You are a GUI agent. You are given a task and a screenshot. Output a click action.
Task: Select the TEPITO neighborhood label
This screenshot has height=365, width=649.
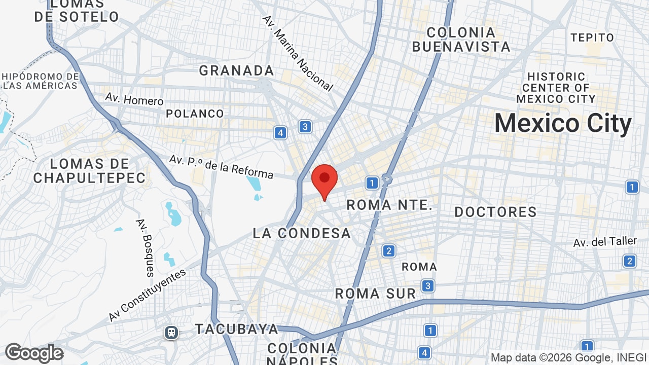(592, 38)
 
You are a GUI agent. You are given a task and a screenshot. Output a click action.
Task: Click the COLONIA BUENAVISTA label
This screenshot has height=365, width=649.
(461, 40)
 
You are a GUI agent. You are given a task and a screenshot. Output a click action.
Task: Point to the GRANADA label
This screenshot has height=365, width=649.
(236, 70)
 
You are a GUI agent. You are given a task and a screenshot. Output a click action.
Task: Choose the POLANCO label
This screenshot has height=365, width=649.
(195, 114)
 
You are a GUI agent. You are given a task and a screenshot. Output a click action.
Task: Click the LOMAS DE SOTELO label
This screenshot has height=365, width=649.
(77, 11)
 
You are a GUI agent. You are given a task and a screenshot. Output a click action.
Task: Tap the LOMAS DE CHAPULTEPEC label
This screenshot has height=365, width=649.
(90, 171)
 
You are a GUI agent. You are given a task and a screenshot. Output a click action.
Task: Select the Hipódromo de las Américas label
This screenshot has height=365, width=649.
(40, 81)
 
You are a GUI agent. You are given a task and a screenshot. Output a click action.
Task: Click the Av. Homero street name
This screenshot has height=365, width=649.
(134, 98)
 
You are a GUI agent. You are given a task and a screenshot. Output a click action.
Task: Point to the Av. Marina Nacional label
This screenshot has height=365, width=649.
(298, 53)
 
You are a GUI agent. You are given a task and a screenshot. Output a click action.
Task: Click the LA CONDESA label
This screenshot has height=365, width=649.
(302, 233)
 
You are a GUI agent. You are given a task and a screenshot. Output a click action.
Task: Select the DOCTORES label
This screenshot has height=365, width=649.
(495, 212)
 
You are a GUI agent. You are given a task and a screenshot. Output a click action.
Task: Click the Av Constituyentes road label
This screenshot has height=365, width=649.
(147, 295)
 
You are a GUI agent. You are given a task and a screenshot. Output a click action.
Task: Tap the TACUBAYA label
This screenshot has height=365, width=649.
(237, 329)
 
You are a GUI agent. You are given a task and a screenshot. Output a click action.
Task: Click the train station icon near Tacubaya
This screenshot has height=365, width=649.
(171, 333)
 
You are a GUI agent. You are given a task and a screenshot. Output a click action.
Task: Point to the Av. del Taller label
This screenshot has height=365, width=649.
(605, 242)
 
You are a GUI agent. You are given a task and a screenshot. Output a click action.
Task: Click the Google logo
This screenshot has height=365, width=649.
(34, 353)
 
